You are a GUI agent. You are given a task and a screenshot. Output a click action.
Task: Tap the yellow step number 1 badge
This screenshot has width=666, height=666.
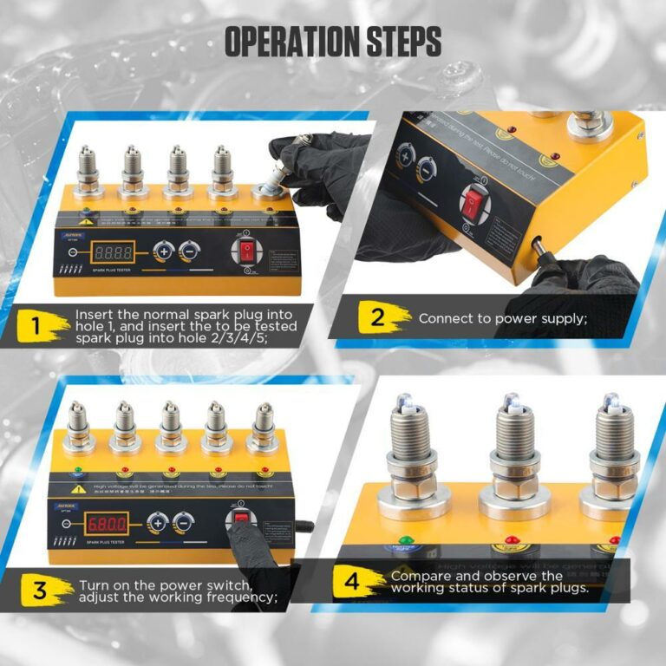coord(37,326)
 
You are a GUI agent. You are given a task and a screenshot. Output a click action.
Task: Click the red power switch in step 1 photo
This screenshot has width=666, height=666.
coord(249,252)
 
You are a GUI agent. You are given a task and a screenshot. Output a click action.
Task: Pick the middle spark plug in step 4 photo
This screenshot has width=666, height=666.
coord(513,451)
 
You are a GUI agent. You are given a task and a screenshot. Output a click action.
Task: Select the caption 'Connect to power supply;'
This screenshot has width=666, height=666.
coord(503,318)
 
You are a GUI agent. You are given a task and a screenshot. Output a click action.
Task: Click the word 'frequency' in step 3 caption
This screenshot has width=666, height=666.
coord(244,597)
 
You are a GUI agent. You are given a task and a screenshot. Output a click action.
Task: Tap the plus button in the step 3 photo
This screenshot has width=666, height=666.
coord(158,523)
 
